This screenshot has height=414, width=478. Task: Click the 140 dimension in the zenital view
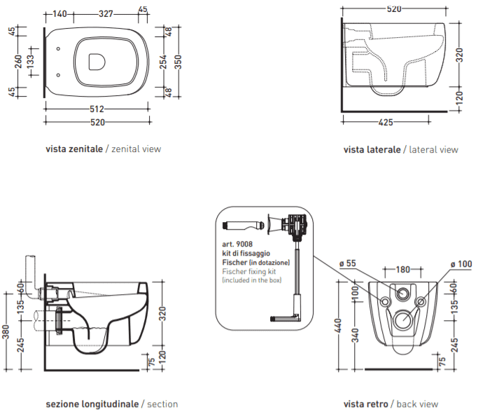[59, 14]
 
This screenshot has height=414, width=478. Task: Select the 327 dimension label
[106, 14]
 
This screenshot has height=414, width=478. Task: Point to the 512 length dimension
[97, 109]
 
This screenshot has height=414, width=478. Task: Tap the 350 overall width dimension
[178, 62]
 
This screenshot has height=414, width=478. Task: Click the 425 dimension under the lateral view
[386, 123]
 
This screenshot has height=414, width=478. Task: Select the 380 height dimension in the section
[6, 332]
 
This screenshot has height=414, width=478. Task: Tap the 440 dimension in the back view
[338, 326]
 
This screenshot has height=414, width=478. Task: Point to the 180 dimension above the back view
[402, 270]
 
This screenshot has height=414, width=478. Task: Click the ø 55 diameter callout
[348, 263]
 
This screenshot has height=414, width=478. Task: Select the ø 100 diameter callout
[461, 264]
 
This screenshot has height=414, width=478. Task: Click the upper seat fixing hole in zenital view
[58, 49]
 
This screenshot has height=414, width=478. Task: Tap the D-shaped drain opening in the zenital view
[97, 62]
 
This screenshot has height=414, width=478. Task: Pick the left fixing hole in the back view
[386, 302]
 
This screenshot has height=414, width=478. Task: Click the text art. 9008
[237, 244]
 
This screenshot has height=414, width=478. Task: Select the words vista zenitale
[74, 149]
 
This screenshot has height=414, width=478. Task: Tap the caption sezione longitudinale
[92, 404]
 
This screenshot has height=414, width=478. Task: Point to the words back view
[417, 404]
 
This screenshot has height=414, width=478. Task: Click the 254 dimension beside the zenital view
[164, 62]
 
